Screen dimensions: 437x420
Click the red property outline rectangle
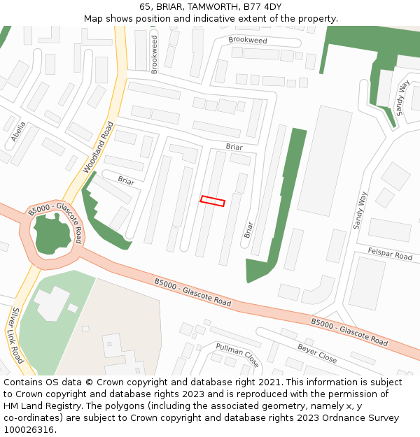pos(213,201)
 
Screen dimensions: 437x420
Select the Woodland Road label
pos(98,148)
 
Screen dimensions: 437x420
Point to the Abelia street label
pos(19,131)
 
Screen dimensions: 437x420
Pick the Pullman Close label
pos(237,355)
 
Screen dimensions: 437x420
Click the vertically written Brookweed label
pos(155,54)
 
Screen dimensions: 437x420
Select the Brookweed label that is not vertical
pos(248,41)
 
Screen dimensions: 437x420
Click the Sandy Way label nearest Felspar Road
pos(360,210)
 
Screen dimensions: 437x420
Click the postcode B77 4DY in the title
pos(262,6)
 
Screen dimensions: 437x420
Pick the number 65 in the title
pos(145,6)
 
